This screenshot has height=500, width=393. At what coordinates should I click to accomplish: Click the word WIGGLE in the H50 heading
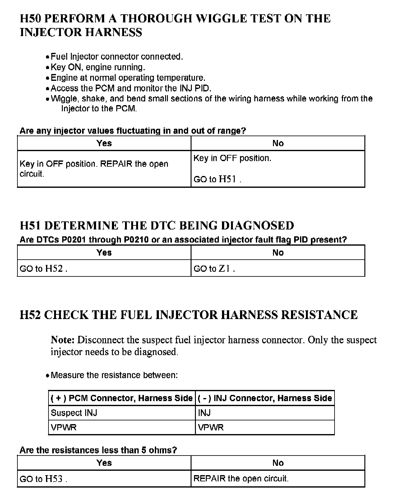tap(221, 19)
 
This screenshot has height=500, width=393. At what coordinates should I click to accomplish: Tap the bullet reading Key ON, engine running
tap(98, 67)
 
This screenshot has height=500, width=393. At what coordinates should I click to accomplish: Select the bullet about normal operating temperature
tap(128, 78)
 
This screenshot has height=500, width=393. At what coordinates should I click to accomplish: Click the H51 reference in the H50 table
tap(228, 179)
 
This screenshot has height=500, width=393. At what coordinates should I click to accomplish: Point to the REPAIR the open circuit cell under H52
tap(241, 478)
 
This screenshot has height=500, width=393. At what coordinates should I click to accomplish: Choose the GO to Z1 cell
tap(214, 269)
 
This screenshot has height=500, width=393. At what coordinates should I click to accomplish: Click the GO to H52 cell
tap(43, 269)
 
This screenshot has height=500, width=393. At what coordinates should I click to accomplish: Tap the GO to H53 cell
tap(43, 479)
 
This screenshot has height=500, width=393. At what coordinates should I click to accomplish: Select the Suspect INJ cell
tap(74, 413)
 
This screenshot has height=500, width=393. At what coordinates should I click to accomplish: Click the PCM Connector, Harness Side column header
tap(122, 398)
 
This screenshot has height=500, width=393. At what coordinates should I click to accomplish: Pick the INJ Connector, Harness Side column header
tap(265, 398)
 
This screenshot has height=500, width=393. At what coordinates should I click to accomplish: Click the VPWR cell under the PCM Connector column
tap(63, 428)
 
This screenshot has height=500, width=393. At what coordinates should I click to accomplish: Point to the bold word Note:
tap(63, 340)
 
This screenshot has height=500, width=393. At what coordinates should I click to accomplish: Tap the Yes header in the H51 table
tap(104, 252)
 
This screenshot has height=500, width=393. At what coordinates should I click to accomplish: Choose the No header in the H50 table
tap(278, 143)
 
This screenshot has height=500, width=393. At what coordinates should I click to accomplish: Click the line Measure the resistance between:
tap(114, 375)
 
